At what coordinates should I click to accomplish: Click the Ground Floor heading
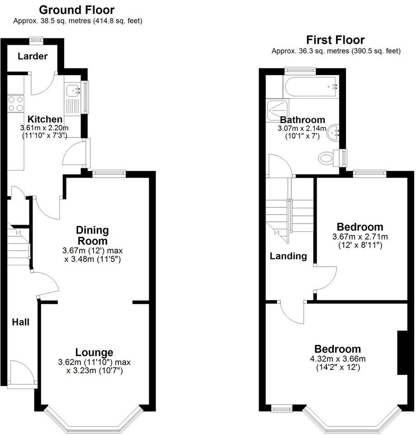coord(77,10)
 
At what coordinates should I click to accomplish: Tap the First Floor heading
coord(336,40)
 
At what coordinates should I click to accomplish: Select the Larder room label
coord(33,57)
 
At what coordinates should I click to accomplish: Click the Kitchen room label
coord(45,120)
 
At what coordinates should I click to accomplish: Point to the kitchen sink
coord(72,91)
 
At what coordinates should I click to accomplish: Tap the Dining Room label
coord(92,235)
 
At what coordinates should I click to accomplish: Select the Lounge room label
coord(94,352)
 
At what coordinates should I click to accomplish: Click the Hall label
coord(21,322)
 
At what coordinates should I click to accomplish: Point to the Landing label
coord(288,256)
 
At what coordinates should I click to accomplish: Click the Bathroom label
coord(303,120)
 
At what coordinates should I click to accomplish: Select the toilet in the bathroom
coord(328,158)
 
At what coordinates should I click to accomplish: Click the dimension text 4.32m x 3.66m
coord(338,359)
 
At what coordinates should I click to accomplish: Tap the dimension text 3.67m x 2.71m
coord(360,237)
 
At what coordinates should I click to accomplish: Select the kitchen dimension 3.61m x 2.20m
coord(45,128)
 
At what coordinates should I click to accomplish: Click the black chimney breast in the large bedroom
coord(401,353)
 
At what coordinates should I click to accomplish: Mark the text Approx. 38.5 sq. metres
coord(52,20)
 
